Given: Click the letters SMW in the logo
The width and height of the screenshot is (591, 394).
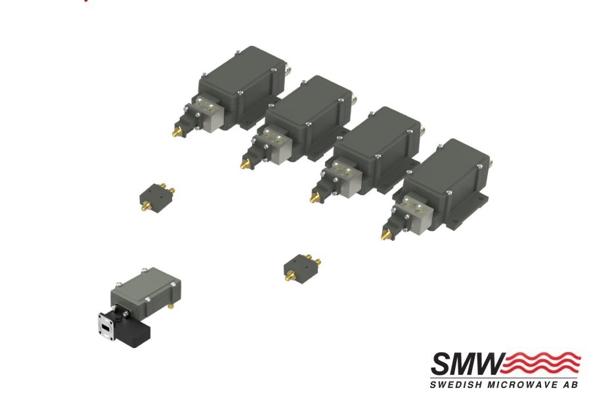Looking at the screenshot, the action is point(468,364).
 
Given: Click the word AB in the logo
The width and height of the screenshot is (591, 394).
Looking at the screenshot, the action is point(571,385).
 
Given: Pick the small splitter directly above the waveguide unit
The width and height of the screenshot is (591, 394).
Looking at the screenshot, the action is point(157,197).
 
